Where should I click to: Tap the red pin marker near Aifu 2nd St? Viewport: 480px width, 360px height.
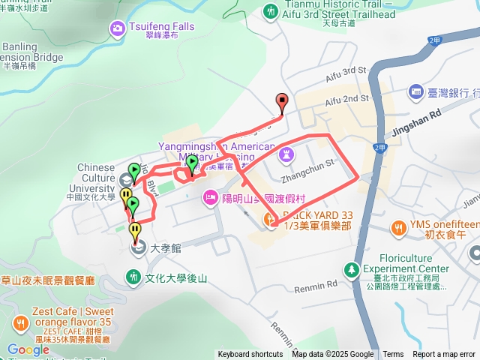tap(282, 101)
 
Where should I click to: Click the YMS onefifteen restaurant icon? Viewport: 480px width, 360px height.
tap(397, 226)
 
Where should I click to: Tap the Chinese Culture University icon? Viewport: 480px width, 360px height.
tap(126, 179)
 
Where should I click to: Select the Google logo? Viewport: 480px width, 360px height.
tap(28, 349)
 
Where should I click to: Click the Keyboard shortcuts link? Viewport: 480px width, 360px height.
tap(250, 355)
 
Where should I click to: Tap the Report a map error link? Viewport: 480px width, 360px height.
tap(444, 355)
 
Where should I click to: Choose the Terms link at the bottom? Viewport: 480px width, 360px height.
tap(393, 355)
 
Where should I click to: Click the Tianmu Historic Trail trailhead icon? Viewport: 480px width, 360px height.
tap(270, 11)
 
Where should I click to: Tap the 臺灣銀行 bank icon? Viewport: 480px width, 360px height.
tap(416, 92)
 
